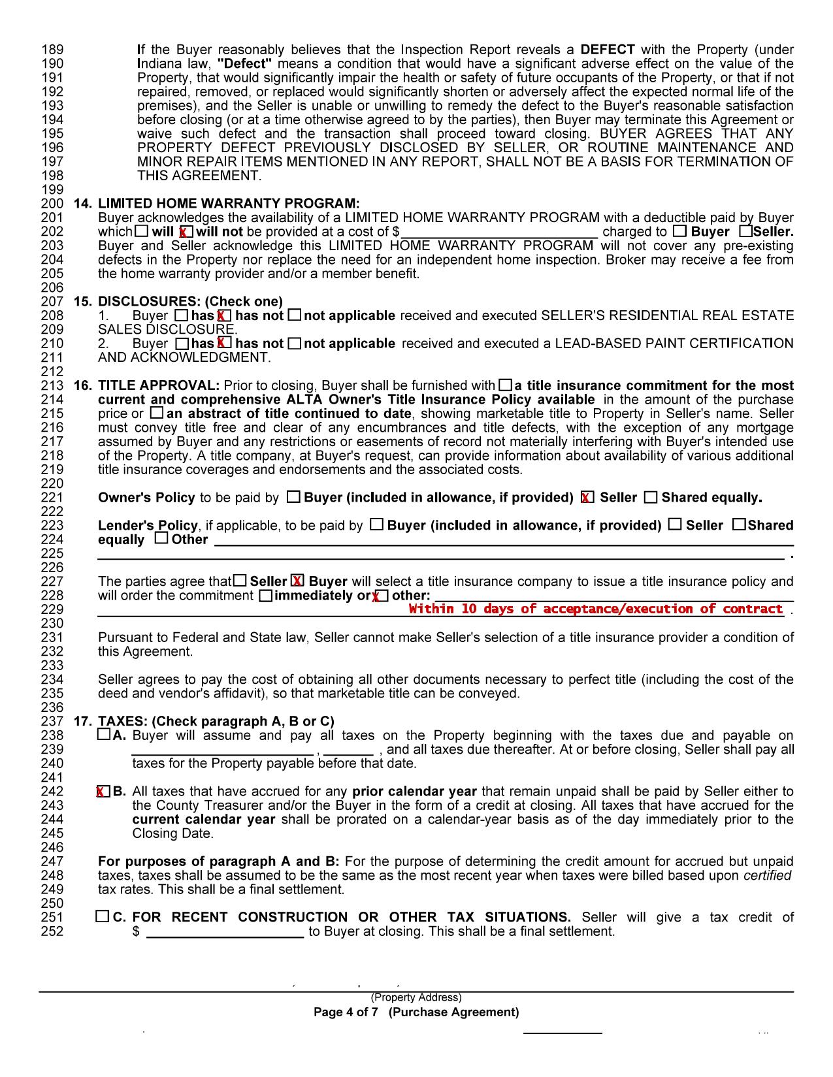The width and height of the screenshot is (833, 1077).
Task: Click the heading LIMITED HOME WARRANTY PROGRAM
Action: (x=228, y=204)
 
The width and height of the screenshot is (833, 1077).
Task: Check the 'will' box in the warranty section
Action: (x=142, y=231)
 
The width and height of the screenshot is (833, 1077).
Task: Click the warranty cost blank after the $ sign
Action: (x=500, y=232)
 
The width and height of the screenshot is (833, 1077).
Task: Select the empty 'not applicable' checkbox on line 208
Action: (x=295, y=315)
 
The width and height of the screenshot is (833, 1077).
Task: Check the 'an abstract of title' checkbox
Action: (x=156, y=413)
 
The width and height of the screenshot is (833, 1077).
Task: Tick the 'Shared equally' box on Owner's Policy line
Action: (x=651, y=498)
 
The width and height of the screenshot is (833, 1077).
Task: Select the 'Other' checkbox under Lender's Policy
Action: (x=161, y=539)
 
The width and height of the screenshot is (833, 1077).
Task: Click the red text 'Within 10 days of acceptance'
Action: (x=595, y=609)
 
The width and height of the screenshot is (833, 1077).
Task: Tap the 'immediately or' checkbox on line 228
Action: (x=265, y=596)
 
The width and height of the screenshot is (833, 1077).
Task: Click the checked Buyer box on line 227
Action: (x=298, y=581)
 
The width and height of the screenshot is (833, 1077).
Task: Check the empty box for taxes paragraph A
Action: (x=103, y=735)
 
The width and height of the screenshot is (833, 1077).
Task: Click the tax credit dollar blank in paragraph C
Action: (x=225, y=931)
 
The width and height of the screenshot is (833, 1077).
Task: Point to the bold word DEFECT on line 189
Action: (x=607, y=50)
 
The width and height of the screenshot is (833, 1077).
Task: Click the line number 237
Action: (x=52, y=722)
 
